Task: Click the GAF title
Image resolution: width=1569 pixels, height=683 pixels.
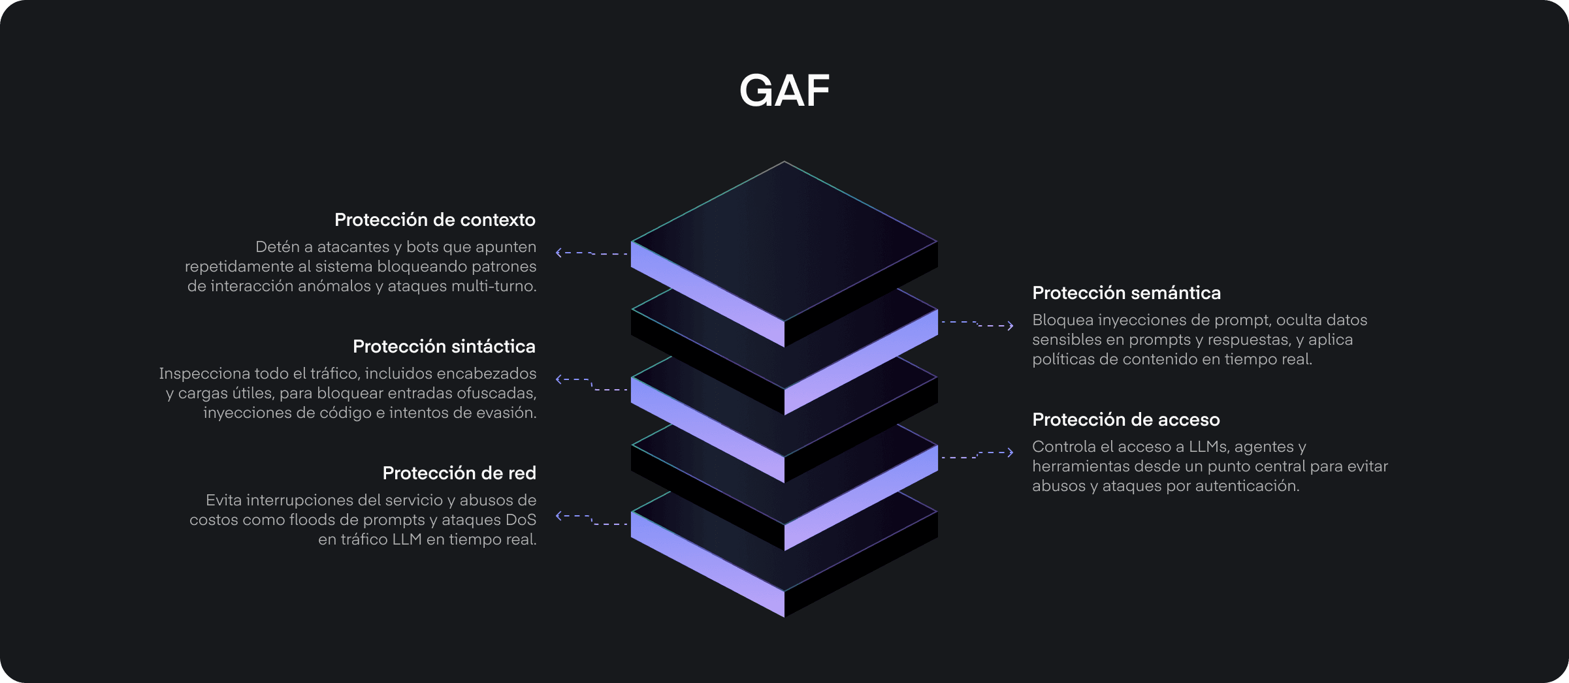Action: click(x=784, y=90)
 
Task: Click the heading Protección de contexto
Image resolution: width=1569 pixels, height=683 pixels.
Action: click(x=434, y=220)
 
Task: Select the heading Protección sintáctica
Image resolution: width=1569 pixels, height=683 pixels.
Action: click(x=444, y=347)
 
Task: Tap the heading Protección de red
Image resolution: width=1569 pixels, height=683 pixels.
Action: click(x=459, y=473)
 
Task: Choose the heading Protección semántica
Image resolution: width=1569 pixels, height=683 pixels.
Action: click(x=1126, y=293)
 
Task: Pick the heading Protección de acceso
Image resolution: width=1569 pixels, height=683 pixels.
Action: click(x=1125, y=420)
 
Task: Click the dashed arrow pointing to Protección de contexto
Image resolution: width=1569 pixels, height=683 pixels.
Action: click(x=591, y=253)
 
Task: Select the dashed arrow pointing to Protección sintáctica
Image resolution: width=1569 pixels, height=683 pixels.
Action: click(x=591, y=384)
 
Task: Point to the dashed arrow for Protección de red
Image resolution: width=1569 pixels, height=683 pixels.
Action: click(x=591, y=520)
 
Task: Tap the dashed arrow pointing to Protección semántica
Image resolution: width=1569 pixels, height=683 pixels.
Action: click(x=977, y=324)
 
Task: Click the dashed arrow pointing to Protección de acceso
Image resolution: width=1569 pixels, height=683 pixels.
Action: click(x=977, y=454)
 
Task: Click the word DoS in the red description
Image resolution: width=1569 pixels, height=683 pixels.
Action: click(x=521, y=520)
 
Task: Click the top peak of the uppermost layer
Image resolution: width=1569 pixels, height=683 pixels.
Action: click(x=784, y=163)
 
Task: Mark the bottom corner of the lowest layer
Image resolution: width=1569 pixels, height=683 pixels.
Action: click(x=784, y=615)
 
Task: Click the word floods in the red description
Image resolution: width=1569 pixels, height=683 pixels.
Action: click(x=311, y=520)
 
